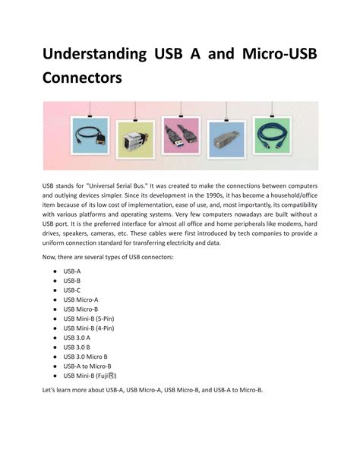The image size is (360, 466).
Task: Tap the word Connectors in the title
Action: pos(81,78)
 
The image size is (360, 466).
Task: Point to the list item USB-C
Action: pos(72,290)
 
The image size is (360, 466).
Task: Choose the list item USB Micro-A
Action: pos(81,300)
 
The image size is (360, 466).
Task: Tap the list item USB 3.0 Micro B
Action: pos(86,357)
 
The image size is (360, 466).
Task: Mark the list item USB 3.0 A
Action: pos(77,338)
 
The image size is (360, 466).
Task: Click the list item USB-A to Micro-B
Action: pos(87,366)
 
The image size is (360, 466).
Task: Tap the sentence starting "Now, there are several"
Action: pos(109,258)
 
